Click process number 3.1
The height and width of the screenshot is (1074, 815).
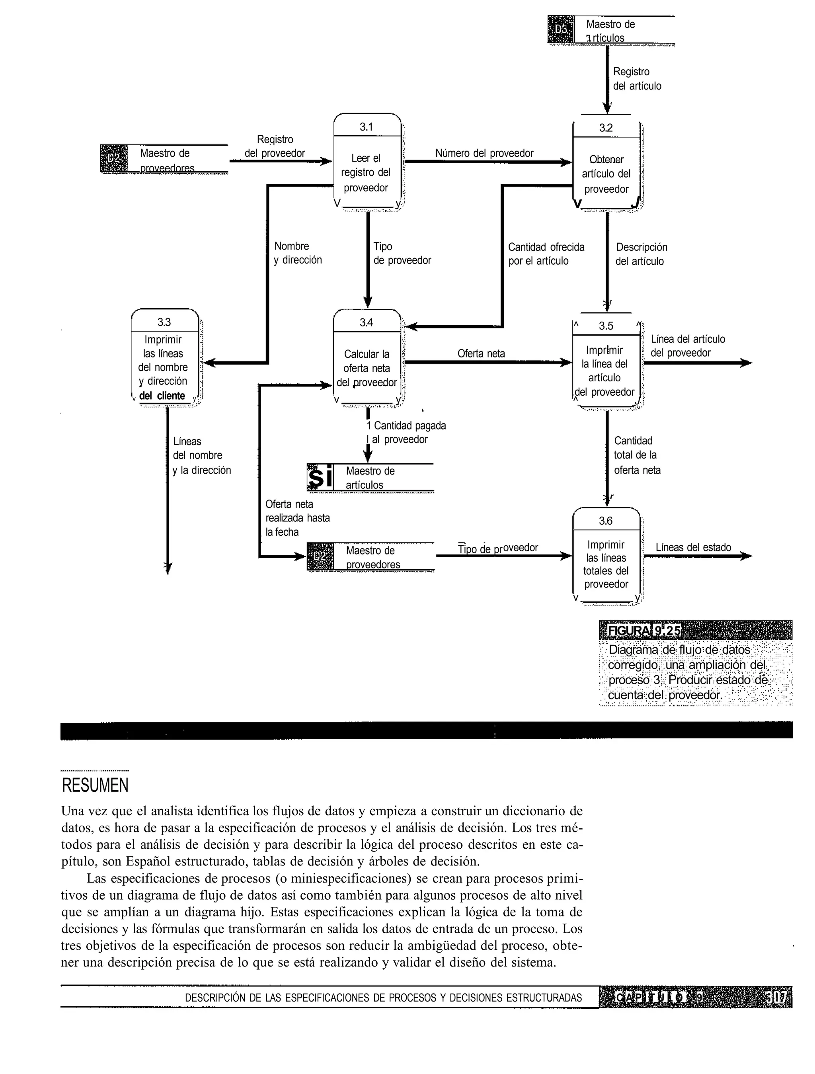tap(367, 127)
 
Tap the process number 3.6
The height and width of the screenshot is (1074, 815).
tap(605, 521)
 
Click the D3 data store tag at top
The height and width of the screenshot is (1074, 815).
tap(561, 29)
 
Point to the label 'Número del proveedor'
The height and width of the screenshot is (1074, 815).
tap(484, 153)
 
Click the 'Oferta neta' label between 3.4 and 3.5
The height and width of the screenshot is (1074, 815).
tap(481, 353)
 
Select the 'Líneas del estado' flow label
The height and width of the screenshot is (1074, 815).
tap(693, 547)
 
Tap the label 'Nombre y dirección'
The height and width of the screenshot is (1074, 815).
tap(297, 253)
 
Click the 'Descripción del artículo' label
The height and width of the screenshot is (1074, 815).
tap(641, 254)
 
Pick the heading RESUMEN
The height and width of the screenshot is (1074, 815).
tap(95, 785)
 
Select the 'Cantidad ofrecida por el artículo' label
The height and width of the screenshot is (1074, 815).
tap(546, 254)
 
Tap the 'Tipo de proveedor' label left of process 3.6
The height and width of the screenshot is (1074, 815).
tap(497, 548)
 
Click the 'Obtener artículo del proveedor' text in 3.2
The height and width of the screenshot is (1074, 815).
tap(606, 174)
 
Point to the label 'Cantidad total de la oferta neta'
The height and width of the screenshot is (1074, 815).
tap(636, 455)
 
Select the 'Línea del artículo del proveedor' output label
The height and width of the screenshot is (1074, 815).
tap(687, 346)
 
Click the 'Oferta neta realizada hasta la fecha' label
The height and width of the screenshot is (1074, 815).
tap(297, 518)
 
